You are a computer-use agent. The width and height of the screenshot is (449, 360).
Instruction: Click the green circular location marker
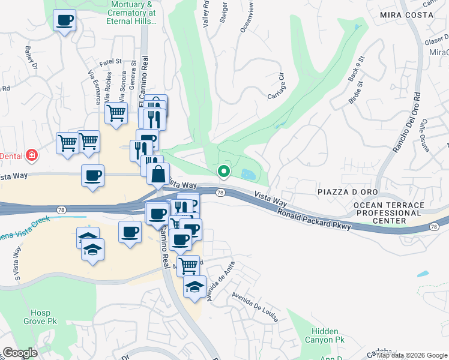pyautogui.click(x=224, y=172)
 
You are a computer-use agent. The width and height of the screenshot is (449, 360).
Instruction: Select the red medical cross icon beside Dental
pyautogui.click(x=31, y=156)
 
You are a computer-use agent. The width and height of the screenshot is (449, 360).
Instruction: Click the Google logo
pyautogui.click(x=20, y=353)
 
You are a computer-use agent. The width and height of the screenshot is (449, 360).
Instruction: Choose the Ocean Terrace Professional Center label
pyautogui.click(x=388, y=213)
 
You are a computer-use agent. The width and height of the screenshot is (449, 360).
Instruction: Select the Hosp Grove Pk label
pyautogui.click(x=44, y=317)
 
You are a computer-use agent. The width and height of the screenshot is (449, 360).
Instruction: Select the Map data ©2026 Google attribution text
pyautogui.click(x=412, y=355)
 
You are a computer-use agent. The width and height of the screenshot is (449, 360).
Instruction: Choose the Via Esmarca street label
pyautogui.click(x=94, y=88)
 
